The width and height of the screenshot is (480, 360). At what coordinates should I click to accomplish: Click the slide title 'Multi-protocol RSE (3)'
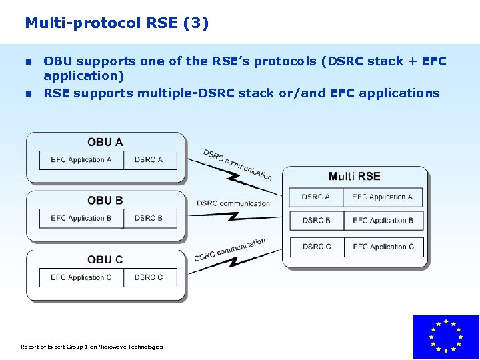(x=117, y=23)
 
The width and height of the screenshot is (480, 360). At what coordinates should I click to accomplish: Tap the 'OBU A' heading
(x=105, y=142)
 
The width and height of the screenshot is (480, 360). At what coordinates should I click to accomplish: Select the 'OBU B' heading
(x=105, y=201)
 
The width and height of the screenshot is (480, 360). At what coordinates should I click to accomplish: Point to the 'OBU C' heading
(x=105, y=259)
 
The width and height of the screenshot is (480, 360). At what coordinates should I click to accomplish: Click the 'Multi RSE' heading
(x=354, y=177)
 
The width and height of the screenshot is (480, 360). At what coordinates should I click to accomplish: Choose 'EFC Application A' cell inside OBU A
(x=81, y=160)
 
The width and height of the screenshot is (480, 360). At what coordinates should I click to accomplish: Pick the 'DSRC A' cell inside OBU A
(x=149, y=160)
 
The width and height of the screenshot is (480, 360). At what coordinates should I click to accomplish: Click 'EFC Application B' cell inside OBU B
(x=81, y=219)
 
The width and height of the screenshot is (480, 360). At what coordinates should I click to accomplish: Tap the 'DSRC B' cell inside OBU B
(x=149, y=219)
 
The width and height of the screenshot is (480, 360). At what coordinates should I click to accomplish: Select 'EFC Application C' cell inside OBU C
(x=81, y=277)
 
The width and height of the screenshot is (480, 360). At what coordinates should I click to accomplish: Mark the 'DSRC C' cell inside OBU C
(x=149, y=277)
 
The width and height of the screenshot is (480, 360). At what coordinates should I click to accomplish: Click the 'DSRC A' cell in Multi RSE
(x=316, y=197)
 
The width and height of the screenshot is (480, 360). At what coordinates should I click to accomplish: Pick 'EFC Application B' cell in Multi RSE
(x=383, y=221)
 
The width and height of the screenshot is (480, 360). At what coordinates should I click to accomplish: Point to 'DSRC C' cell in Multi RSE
(x=317, y=247)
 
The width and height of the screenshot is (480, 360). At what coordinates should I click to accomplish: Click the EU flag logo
(x=446, y=337)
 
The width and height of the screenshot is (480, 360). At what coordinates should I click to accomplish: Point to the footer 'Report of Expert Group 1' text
(x=92, y=347)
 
